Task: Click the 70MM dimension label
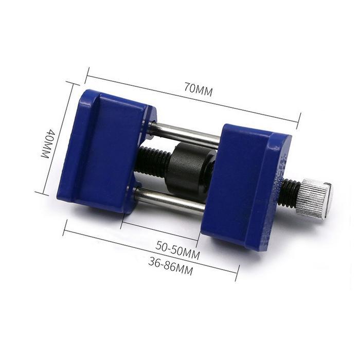pyautogui.click(x=199, y=89)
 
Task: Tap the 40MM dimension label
pyautogui.click(x=48, y=143)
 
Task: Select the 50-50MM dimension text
pyautogui.click(x=177, y=250)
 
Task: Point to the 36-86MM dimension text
pyautogui.click(x=170, y=266)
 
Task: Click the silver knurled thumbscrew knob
pyautogui.click(x=315, y=199)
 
